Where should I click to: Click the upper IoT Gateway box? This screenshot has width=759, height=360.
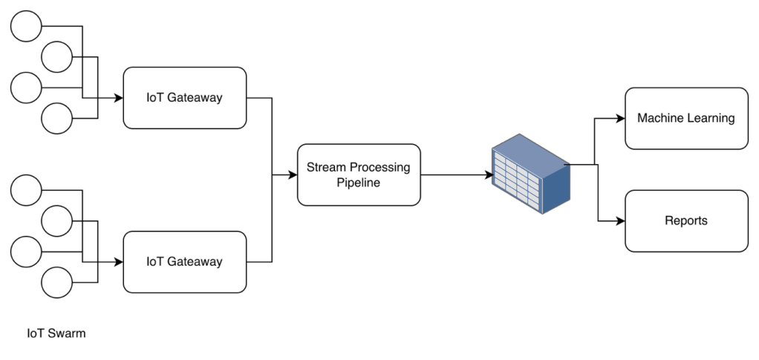click(184, 97)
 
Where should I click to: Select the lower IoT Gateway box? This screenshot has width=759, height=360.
click(184, 261)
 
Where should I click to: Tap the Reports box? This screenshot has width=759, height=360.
click(685, 220)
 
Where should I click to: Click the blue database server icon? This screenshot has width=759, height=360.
click(531, 175)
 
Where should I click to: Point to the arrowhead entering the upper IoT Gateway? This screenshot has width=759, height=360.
click(117, 97)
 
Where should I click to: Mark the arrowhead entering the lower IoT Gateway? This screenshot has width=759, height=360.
click(117, 261)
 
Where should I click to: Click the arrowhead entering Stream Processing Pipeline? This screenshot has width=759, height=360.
click(290, 176)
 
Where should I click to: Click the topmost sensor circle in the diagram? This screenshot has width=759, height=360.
click(27, 27)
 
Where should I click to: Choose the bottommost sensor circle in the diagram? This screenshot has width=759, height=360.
click(56, 282)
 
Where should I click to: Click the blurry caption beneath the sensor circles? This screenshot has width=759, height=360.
click(56, 334)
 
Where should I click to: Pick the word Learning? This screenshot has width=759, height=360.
click(711, 117)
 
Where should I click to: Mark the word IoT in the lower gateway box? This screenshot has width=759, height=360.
click(154, 261)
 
